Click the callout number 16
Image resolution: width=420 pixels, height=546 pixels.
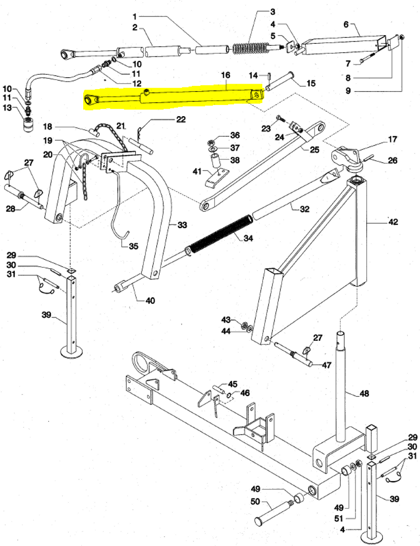click(x=225, y=75)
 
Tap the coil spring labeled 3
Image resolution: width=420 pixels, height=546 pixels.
click(x=250, y=49)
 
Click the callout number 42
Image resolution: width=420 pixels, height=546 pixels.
click(x=393, y=222)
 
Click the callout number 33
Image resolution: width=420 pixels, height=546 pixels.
click(x=182, y=225)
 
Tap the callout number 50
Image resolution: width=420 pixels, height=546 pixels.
click(x=255, y=502)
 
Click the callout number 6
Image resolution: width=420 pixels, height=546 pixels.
click(x=346, y=25)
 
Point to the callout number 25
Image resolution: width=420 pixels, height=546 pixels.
click(x=314, y=150)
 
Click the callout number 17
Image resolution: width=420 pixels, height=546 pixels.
click(x=392, y=139)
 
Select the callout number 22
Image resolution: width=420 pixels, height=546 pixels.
click(x=181, y=119)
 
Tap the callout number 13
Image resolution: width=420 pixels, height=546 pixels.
click(x=7, y=108)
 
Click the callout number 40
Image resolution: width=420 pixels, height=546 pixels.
click(x=150, y=300)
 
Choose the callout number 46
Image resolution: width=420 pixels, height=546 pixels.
click(x=245, y=393)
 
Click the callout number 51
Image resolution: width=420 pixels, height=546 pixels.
click(x=339, y=519)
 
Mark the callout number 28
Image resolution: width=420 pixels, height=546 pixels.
click(x=11, y=209)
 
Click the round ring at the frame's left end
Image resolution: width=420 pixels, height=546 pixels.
click(x=140, y=363)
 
